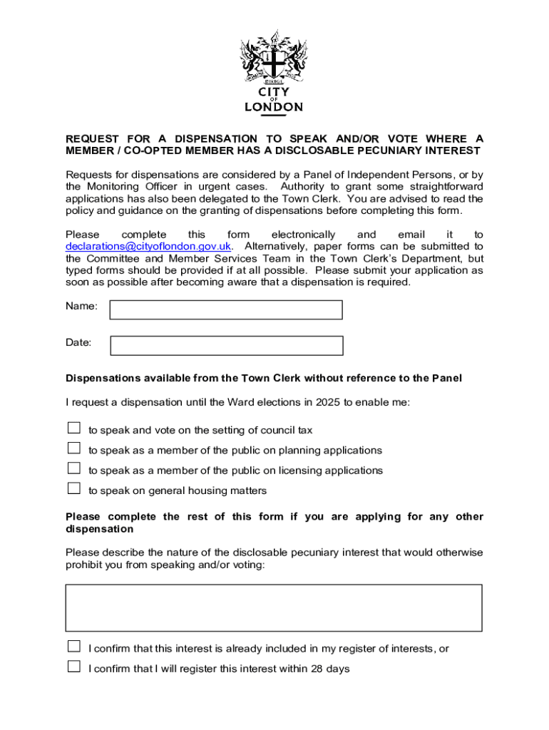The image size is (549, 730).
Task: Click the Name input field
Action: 226,310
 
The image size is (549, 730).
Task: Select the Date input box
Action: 227,346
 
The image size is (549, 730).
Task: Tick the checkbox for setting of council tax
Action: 74,428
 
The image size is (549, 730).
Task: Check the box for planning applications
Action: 74,448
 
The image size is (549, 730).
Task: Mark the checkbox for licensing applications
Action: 74,468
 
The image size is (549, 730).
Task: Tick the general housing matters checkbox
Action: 74,488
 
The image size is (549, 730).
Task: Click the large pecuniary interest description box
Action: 274,608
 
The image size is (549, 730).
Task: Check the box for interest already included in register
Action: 74,647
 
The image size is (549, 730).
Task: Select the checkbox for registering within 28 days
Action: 74,667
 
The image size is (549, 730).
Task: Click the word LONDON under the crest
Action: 274,107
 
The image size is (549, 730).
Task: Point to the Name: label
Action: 81,306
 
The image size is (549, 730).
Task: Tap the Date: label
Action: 79,342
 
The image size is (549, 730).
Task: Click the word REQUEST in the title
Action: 93,138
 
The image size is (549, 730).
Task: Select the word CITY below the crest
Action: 274,91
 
